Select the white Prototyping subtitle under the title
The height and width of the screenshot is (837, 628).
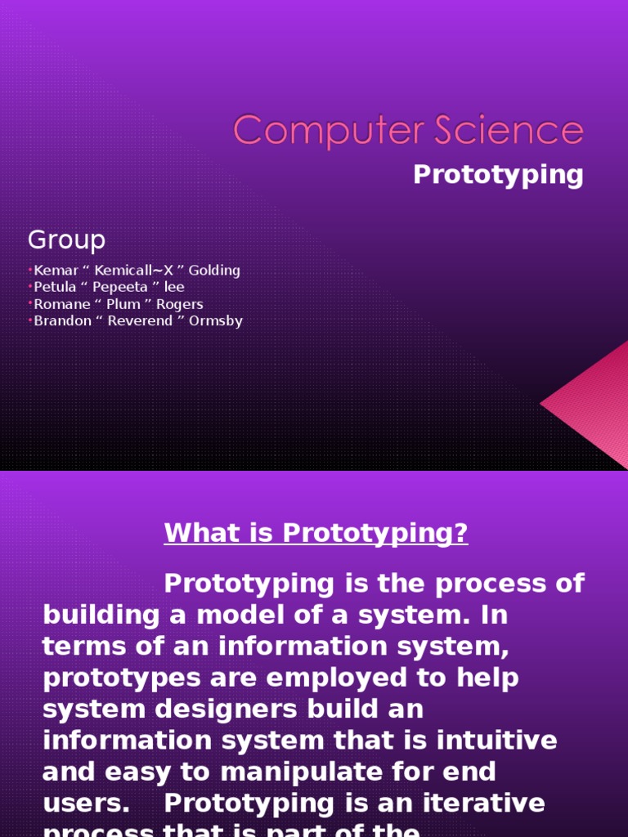(x=498, y=175)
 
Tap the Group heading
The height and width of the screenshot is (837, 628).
(x=66, y=240)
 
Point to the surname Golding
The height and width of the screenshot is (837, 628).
(x=215, y=271)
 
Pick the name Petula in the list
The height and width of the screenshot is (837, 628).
(x=53, y=288)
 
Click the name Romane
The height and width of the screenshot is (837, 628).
(x=58, y=304)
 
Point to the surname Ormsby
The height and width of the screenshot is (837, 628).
(x=217, y=321)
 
